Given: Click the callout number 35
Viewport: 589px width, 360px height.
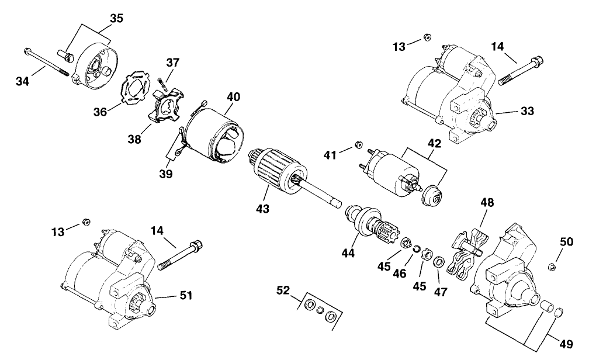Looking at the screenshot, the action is point(116,18).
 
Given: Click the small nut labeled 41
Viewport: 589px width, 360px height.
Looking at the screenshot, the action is point(358,145).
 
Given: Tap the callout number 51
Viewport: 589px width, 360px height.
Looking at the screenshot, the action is point(186,295).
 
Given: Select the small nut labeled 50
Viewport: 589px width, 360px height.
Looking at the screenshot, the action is point(552,267).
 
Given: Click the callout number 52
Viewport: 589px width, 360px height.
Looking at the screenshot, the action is point(283,290).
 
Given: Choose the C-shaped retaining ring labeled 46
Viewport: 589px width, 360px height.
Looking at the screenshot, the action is point(416,249).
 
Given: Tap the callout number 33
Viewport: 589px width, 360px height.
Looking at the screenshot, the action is point(527,111).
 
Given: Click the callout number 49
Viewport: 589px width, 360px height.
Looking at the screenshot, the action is point(566,344).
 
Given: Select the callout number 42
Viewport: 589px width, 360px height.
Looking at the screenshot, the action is point(435,144).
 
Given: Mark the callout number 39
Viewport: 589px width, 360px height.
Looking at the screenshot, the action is point(166,174).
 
